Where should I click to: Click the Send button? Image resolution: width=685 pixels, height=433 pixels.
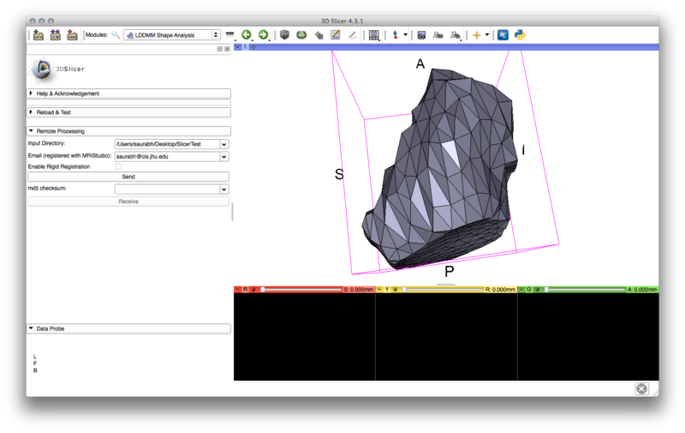point(128,177)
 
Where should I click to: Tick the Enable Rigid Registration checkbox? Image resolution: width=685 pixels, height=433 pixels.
point(118,166)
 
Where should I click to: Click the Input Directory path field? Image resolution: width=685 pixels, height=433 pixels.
point(167,144)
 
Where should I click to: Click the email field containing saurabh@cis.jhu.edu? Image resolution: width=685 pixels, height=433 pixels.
point(167,157)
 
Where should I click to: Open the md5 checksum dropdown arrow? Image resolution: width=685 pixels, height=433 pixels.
point(224,189)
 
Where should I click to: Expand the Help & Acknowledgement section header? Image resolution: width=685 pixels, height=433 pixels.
point(128,93)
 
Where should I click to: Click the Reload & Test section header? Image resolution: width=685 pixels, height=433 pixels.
point(128,112)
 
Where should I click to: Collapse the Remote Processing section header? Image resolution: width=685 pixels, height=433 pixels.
point(128,131)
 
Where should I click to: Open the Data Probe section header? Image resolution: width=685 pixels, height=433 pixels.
point(128,328)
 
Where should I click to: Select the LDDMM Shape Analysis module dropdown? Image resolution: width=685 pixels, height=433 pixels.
point(172,35)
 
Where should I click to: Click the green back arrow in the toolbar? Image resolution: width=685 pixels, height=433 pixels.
point(247,35)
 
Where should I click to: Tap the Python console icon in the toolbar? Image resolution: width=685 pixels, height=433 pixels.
point(520,35)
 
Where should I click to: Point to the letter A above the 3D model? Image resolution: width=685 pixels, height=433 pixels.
point(420,64)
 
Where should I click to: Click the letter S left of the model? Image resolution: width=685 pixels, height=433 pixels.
point(339,175)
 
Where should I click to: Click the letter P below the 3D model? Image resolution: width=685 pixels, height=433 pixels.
point(449,272)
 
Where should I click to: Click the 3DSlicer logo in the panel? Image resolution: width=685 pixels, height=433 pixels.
point(43,69)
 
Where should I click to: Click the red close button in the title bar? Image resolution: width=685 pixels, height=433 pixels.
point(33,20)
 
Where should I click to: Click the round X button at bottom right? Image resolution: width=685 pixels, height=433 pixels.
point(641,388)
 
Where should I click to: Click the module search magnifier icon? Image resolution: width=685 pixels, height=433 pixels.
point(116,35)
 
